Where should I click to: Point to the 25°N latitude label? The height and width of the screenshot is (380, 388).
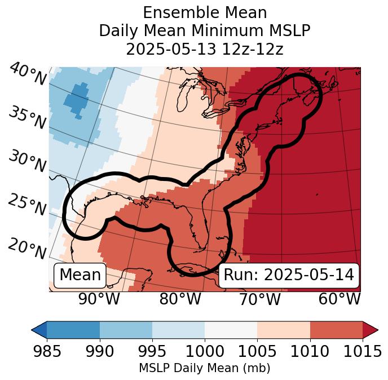coord(27,205)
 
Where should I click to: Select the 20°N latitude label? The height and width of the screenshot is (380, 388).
coord(27,249)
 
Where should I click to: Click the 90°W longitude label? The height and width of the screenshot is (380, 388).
coord(99,299)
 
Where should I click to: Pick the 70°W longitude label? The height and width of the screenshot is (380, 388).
coord(259,299)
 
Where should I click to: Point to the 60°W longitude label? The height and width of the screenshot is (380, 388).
coord(339,299)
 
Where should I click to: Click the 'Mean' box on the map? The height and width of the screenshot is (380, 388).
coord(80,275)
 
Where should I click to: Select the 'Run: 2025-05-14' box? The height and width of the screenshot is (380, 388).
coord(289,275)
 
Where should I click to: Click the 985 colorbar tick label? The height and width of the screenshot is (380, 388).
coord(47,351)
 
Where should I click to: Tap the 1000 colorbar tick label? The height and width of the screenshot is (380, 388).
coord(205,351)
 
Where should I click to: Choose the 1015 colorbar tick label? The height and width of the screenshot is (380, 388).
coord(363,351)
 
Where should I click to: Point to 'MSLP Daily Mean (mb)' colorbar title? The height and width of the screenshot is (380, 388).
coord(204,368)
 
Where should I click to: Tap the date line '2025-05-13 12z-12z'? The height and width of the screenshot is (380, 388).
coord(204,48)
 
